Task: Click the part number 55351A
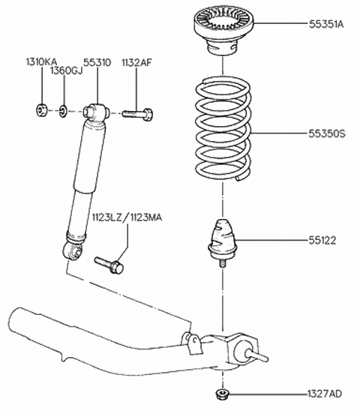[x=326, y=24]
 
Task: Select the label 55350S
[x=327, y=133]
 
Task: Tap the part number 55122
[x=322, y=240]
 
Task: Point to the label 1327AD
[x=325, y=394]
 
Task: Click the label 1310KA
[x=41, y=62]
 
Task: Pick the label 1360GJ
[x=67, y=70]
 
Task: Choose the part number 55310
[x=97, y=62]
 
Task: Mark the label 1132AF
[x=136, y=62]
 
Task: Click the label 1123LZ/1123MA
[x=127, y=217]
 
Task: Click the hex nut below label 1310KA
[x=41, y=109]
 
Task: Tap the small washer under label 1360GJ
[x=64, y=112]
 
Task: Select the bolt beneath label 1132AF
[x=137, y=114]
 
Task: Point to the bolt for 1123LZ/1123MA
[x=109, y=265]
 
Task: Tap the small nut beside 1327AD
[x=221, y=394]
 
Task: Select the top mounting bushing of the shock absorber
[x=97, y=112]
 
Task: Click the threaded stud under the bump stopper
[x=223, y=262]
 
